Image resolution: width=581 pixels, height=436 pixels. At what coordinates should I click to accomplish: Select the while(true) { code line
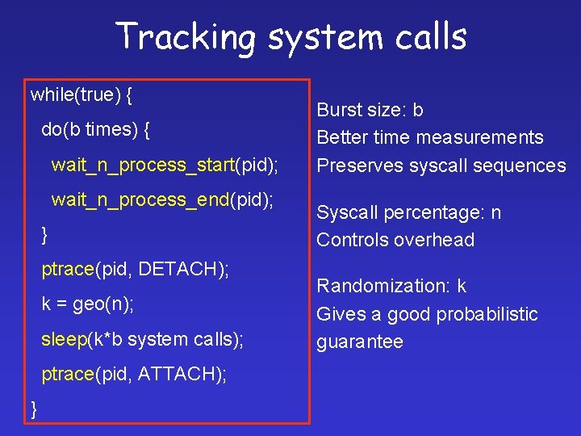pos(82,95)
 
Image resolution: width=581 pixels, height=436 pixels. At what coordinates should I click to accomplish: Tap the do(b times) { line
pos(96,129)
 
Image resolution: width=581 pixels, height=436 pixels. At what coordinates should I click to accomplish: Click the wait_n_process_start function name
pos(143,166)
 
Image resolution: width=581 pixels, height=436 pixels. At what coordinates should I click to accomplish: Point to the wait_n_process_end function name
pos(140,199)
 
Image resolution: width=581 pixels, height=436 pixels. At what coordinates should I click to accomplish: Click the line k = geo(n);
pos(88,304)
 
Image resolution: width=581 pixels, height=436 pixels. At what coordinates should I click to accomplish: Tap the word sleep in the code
pos(63,339)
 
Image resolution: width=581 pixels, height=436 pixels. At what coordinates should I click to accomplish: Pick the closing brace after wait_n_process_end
pos(45,235)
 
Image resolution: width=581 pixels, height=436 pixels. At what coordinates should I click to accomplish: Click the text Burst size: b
pos(370,110)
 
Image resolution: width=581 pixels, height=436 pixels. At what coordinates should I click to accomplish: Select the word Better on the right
pos(342,137)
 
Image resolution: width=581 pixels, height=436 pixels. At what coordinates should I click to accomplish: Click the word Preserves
pos(355,166)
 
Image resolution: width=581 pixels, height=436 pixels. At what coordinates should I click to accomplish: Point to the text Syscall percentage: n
pos(408,212)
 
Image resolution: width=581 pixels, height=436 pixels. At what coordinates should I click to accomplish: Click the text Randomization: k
pos(391,286)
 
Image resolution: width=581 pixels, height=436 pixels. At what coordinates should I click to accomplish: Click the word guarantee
pos(359,342)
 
